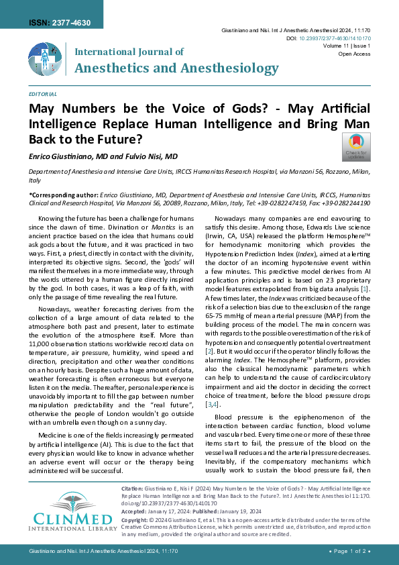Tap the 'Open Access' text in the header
[354, 54]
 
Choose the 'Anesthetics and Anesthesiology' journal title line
[176, 68]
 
